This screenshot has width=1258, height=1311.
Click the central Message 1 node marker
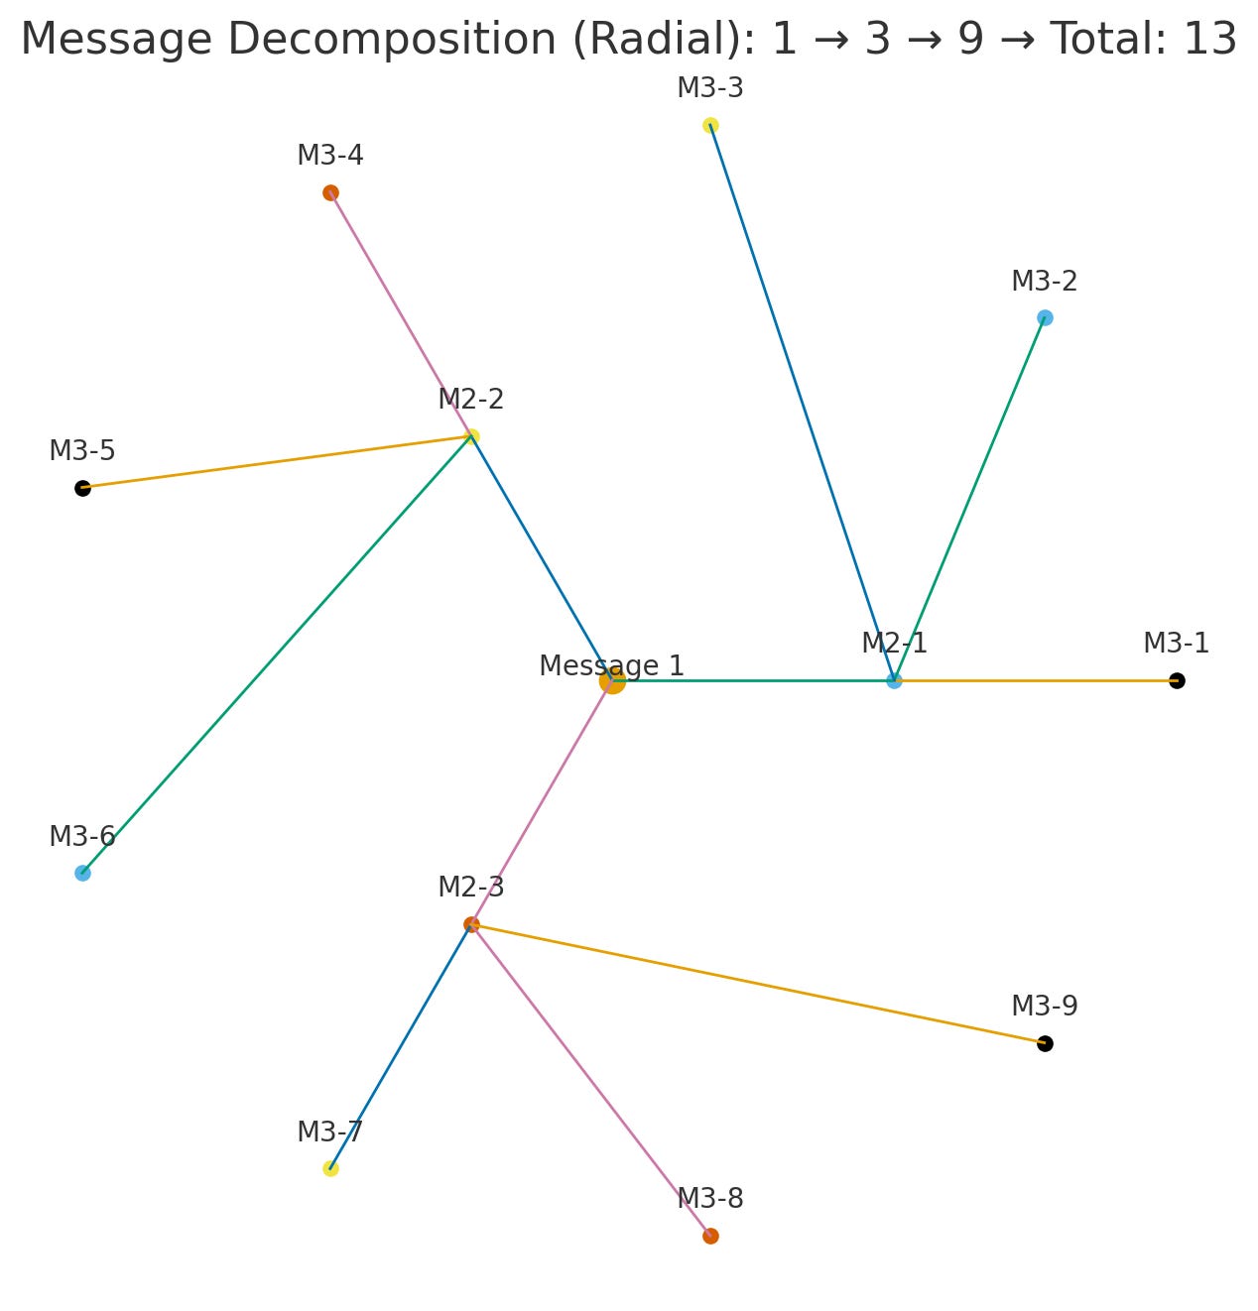pos(612,681)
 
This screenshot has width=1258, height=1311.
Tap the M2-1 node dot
pos(894,680)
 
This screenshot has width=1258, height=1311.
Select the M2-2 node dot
pos(472,436)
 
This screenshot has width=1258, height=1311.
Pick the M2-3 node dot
pos(471,924)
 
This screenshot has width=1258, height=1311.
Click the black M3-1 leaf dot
pos(1177,680)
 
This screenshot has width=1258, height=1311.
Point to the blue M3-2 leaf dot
pos(1045,317)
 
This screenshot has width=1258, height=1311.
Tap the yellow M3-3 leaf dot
pos(710,125)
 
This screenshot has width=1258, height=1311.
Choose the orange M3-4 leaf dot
pos(330,192)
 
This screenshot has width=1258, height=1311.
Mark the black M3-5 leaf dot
pos(82,488)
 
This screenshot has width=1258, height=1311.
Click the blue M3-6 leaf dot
pos(82,873)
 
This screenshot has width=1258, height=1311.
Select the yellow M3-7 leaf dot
pos(330,1168)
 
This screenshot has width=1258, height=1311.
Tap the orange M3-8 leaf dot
pos(710,1236)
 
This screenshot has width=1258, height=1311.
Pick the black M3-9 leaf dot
pos(1045,1043)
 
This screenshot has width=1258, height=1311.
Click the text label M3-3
pos(710,88)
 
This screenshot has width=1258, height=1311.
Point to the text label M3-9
pos(1045,1006)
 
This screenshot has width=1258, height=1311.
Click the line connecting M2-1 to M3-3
pos(802,402)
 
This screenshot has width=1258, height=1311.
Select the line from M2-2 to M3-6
pos(278,655)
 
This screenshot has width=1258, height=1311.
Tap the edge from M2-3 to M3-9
pos(758,984)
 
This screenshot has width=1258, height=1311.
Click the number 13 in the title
pos(1208,40)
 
